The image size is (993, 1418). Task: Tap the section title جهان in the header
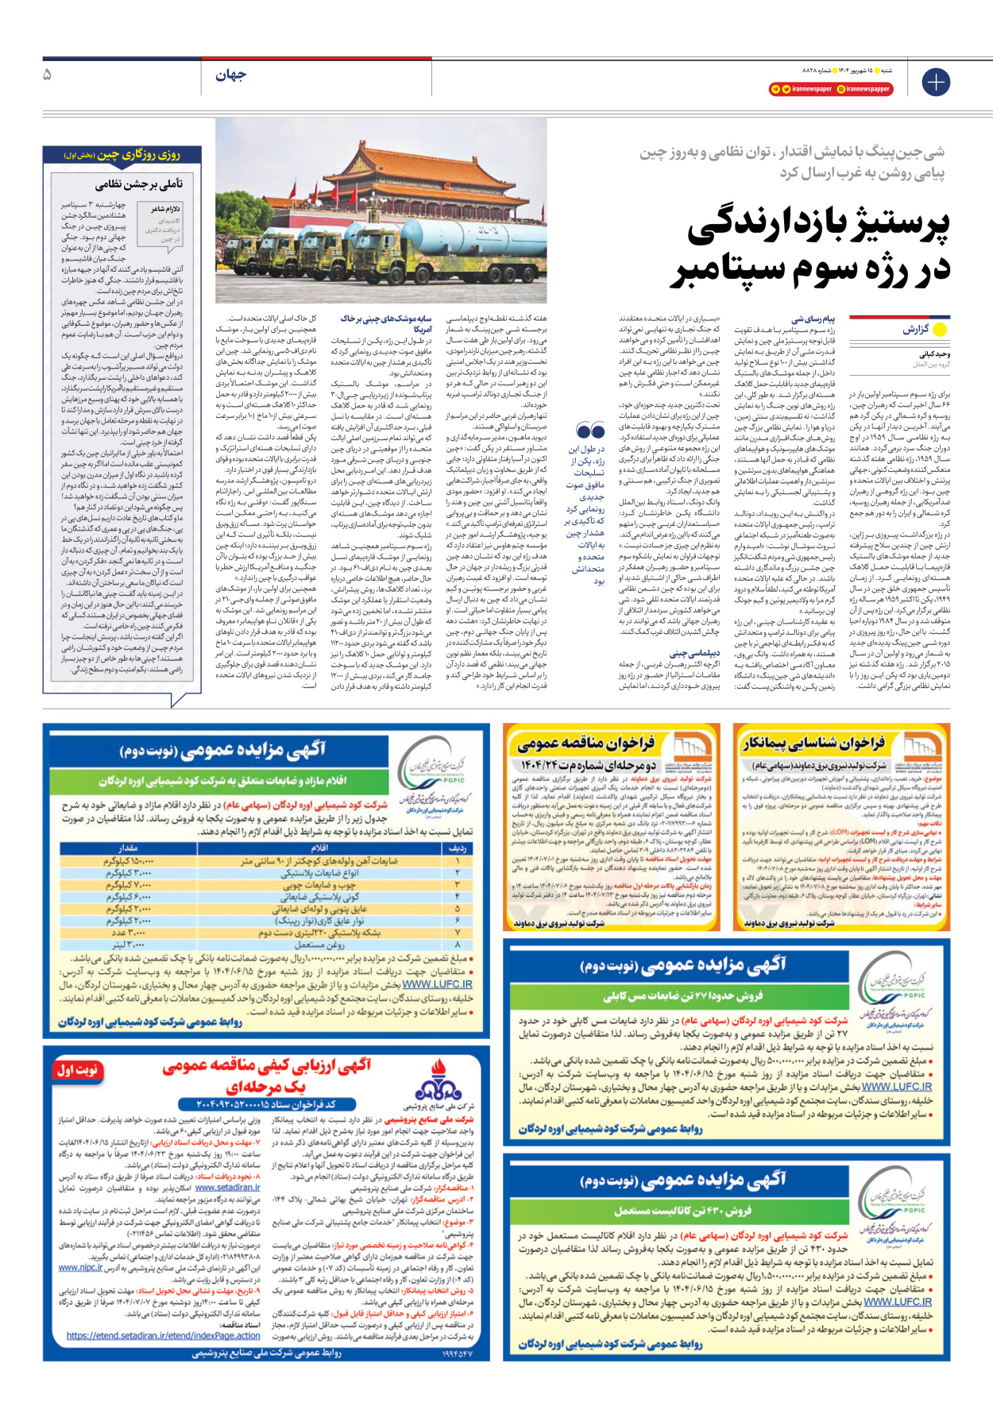pyautogui.click(x=230, y=75)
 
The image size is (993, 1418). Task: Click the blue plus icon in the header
pyautogui.click(x=936, y=83)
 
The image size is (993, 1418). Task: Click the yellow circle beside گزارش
pyautogui.click(x=940, y=330)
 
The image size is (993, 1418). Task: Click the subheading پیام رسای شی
pyautogui.click(x=813, y=319)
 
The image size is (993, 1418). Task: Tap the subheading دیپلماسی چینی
pyautogui.click(x=695, y=654)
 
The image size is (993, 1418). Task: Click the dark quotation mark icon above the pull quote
pyautogui.click(x=590, y=431)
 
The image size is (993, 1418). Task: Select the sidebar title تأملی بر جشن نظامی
pyautogui.click(x=139, y=184)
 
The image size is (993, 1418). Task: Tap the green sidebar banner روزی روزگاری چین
pyautogui.click(x=122, y=155)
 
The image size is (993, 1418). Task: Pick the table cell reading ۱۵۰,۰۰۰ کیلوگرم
pyautogui.click(x=128, y=860)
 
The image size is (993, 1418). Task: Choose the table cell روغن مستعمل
pyautogui.click(x=320, y=945)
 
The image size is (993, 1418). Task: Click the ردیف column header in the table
pyautogui.click(x=458, y=848)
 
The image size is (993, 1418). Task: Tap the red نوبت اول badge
pyautogui.click(x=77, y=1070)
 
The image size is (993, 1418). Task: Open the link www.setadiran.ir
pyautogui.click(x=227, y=1188)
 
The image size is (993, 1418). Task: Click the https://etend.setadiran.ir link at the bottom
pyautogui.click(x=163, y=1335)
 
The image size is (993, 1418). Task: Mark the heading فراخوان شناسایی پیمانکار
pyautogui.click(x=813, y=743)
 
